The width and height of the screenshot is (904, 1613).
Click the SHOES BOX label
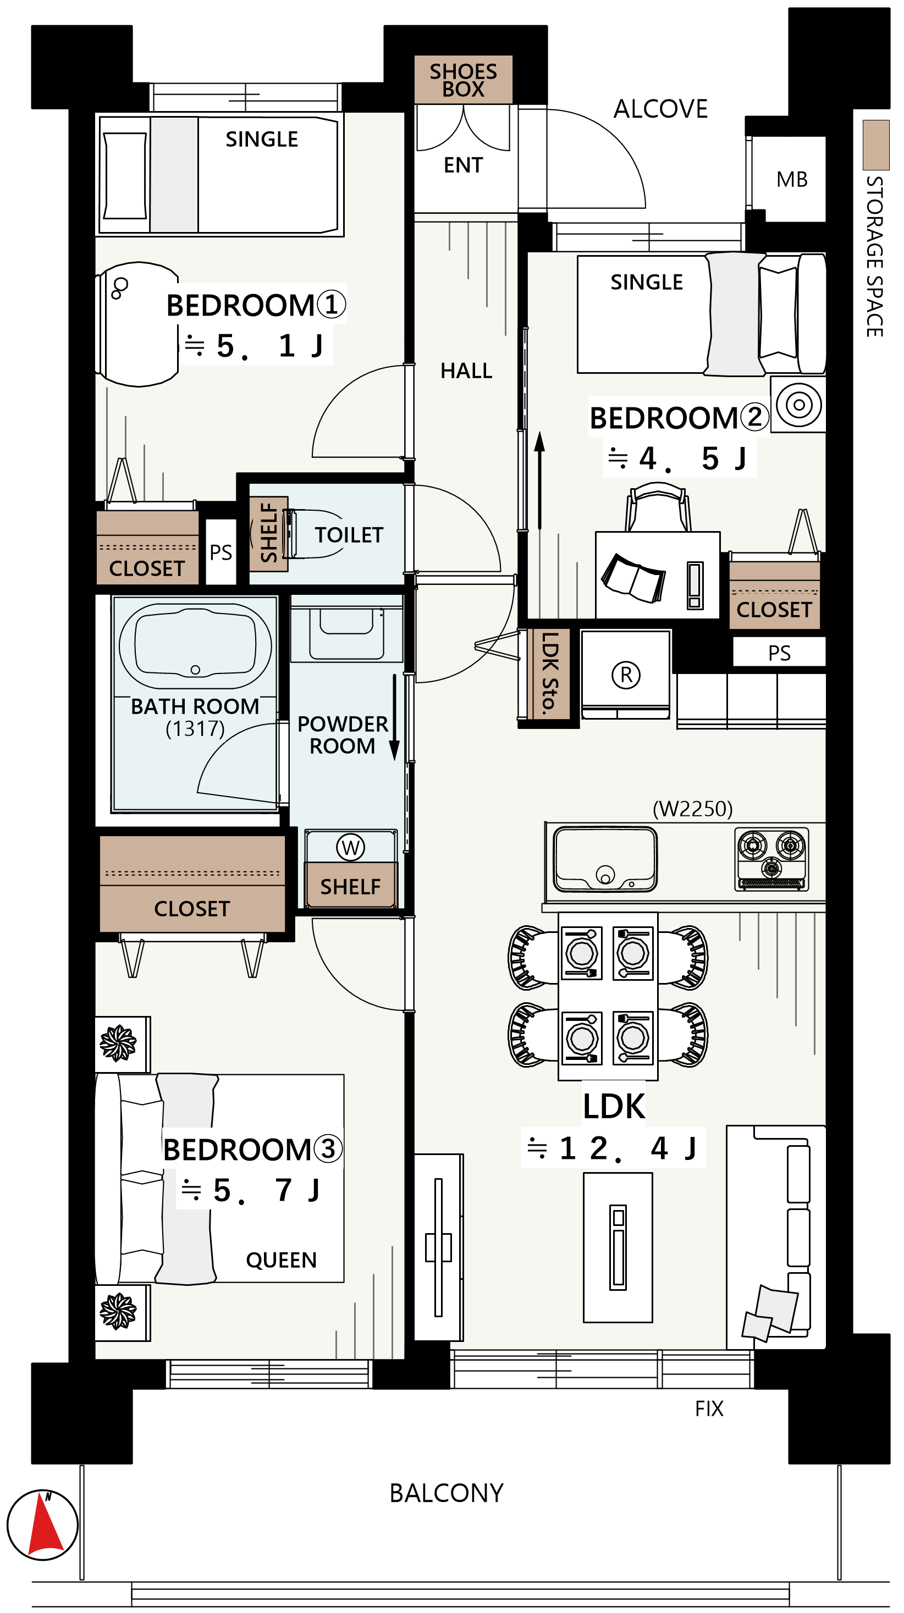[463, 80]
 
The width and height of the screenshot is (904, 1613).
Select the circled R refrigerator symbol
[626, 675]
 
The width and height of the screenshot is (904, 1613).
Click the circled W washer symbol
[350, 847]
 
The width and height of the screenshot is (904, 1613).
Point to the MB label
[792, 180]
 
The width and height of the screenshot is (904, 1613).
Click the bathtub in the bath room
[195, 646]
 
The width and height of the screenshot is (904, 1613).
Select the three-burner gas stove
[771, 859]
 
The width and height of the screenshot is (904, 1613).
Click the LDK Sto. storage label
[549, 673]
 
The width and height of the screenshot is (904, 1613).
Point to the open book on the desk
[633, 578]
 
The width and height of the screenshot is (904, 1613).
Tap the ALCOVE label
[660, 109]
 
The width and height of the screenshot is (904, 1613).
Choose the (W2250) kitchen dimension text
[692, 809]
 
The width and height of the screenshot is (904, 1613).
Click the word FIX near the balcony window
[709, 1408]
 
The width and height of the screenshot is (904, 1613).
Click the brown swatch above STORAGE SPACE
[876, 145]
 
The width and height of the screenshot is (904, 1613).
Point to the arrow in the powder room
[395, 717]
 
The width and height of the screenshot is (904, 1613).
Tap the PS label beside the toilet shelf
[221, 553]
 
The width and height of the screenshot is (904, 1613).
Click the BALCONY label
[446, 1493]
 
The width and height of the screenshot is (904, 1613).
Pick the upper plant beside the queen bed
[118, 1043]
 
